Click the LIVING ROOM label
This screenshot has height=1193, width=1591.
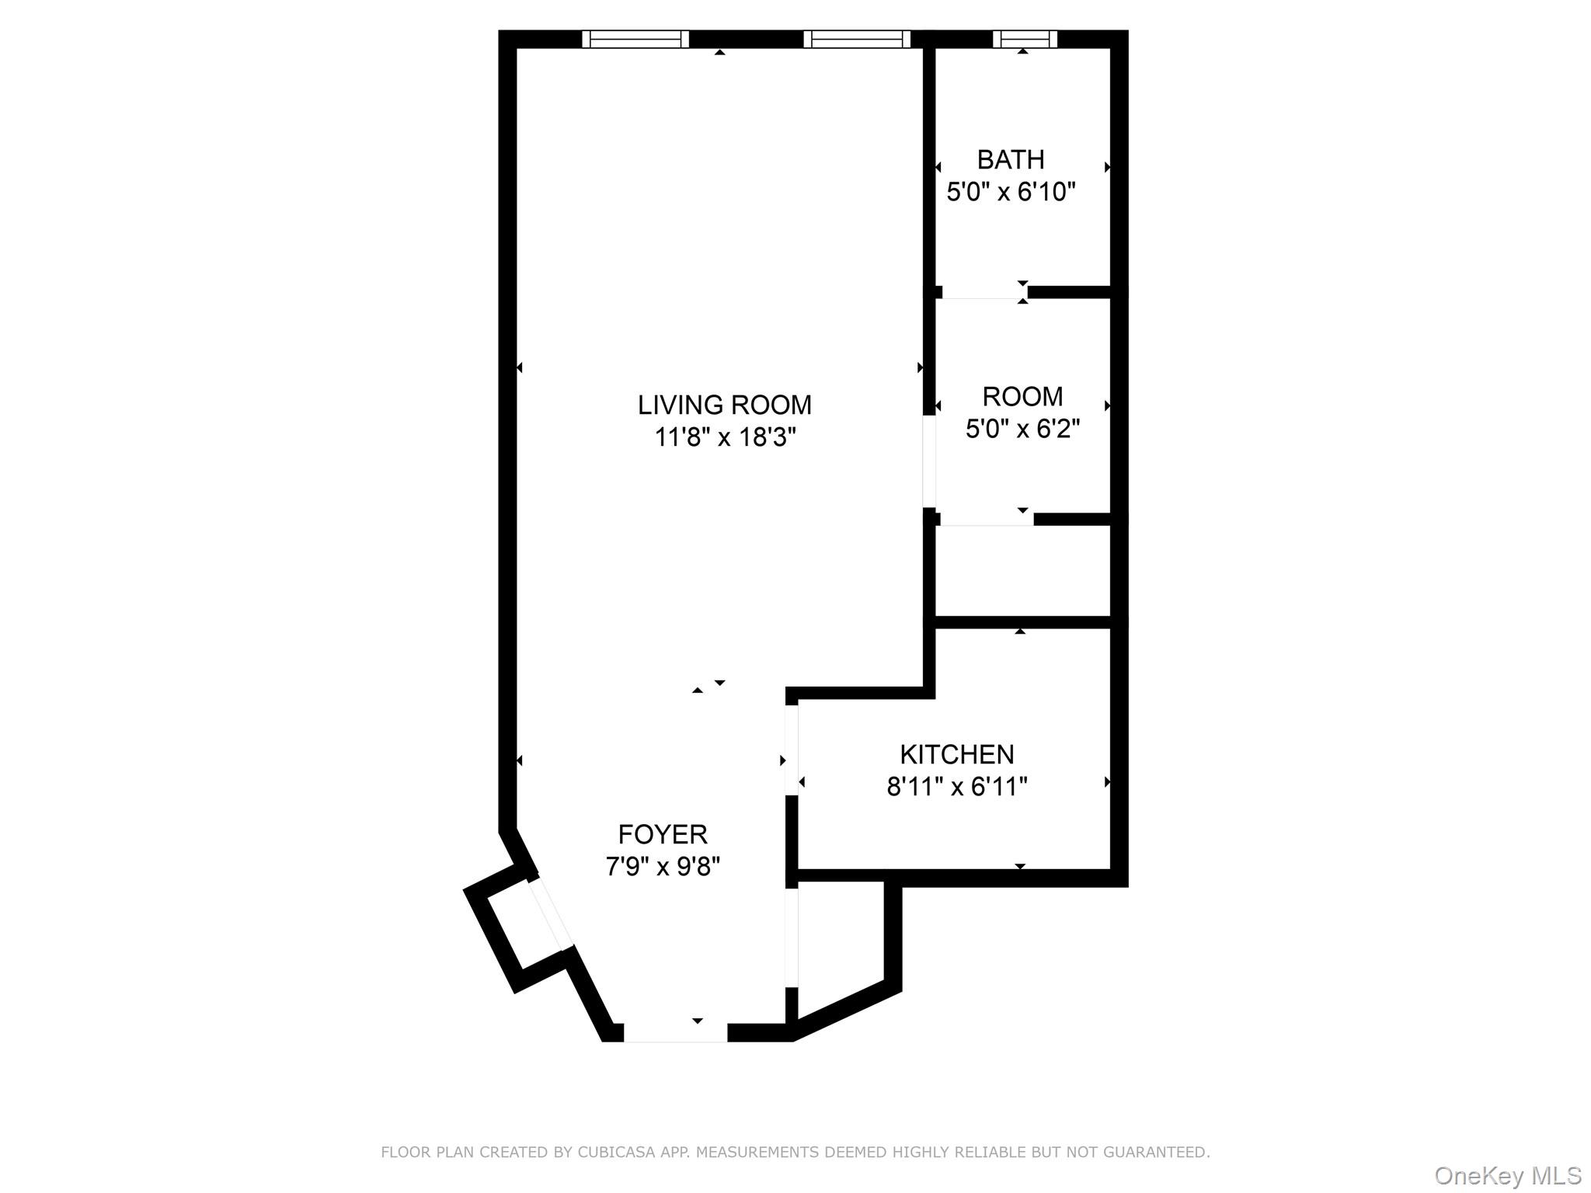pyautogui.click(x=724, y=405)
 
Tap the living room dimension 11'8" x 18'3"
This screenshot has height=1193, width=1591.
pyautogui.click(x=725, y=438)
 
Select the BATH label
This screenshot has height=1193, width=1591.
pyautogui.click(x=1010, y=160)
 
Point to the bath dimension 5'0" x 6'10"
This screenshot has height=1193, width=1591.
pyautogui.click(x=1010, y=192)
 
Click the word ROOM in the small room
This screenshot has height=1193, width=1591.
pyautogui.click(x=1022, y=397)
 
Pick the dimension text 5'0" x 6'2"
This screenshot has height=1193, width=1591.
pyautogui.click(x=1022, y=429)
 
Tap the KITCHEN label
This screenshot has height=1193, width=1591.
pyautogui.click(x=956, y=754)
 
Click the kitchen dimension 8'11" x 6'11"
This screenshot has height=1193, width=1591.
pyautogui.click(x=956, y=787)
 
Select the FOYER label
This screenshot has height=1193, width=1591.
pyautogui.click(x=663, y=834)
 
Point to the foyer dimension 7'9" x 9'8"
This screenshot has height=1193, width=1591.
pyautogui.click(x=663, y=866)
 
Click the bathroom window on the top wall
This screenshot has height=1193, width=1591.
pyautogui.click(x=1025, y=39)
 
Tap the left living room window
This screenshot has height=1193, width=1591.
pyautogui.click(x=635, y=39)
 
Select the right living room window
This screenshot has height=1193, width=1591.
pyautogui.click(x=856, y=39)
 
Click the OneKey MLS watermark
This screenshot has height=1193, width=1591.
pyautogui.click(x=1507, y=1176)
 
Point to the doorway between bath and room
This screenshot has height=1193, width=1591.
pyautogui.click(x=983, y=293)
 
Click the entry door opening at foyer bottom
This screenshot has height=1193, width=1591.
pyautogui.click(x=675, y=1032)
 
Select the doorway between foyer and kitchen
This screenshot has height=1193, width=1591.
pyautogui.click(x=792, y=750)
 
